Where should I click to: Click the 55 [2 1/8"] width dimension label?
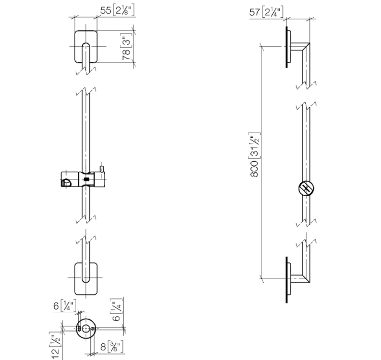click(x=117, y=11)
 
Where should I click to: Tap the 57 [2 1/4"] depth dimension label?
click(x=266, y=12)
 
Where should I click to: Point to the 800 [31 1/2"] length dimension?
click(x=255, y=155)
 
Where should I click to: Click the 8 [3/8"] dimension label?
click(x=112, y=347)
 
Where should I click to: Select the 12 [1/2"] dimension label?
click(x=55, y=345)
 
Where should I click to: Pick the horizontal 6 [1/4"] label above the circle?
click(x=65, y=306)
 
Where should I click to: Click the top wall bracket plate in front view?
click(x=86, y=46)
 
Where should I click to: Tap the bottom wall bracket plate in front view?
click(x=86, y=279)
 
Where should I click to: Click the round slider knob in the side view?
click(x=306, y=189)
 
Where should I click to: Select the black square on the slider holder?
click(x=86, y=179)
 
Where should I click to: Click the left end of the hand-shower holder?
click(x=61, y=179)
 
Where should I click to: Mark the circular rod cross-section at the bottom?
click(x=86, y=328)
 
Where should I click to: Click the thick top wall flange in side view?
click(x=287, y=47)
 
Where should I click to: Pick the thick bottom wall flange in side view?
click(x=287, y=280)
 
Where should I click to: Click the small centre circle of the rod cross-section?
click(x=86, y=328)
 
